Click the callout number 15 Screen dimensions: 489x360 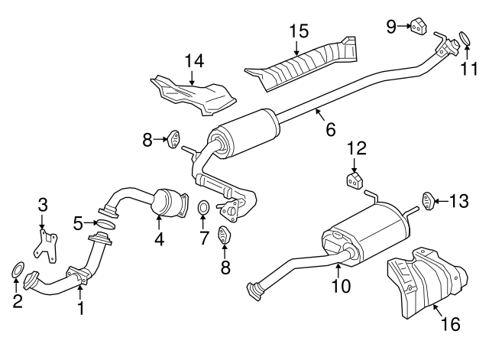point(299,31)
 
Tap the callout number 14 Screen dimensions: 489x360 point(194,61)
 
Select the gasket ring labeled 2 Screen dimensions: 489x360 point(18,270)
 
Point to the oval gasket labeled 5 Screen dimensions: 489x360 point(105,224)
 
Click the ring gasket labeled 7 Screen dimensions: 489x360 point(203,208)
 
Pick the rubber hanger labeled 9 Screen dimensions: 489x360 point(418,26)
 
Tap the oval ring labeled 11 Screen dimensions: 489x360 point(465,39)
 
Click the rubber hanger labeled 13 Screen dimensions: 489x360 point(428,202)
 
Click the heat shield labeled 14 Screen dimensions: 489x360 point(193,95)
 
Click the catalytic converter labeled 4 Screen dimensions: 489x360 point(170,203)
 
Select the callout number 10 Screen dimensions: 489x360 point(342,285)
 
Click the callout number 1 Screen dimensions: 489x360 point(80,308)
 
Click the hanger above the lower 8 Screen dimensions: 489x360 point(224,235)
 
